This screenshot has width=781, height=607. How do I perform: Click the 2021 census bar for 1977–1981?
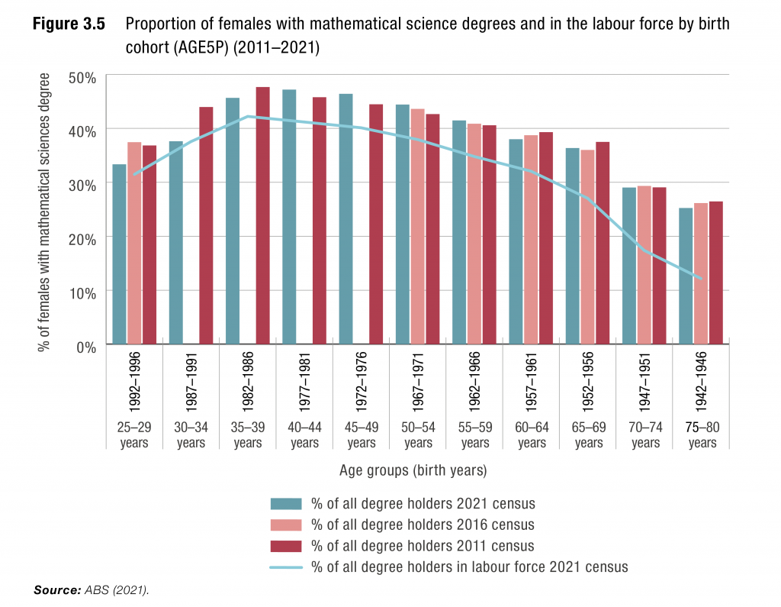[289, 218]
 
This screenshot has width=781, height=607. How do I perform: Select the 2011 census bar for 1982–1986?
[262, 216]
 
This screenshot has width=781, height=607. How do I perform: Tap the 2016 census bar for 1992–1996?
[134, 244]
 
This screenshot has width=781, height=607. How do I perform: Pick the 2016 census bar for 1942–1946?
[701, 274]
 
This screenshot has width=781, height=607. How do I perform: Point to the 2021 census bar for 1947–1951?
[629, 266]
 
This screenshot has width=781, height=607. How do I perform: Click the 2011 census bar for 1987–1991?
[206, 226]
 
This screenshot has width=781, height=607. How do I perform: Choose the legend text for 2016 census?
[423, 525]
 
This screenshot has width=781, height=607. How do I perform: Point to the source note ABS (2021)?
[119, 590]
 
